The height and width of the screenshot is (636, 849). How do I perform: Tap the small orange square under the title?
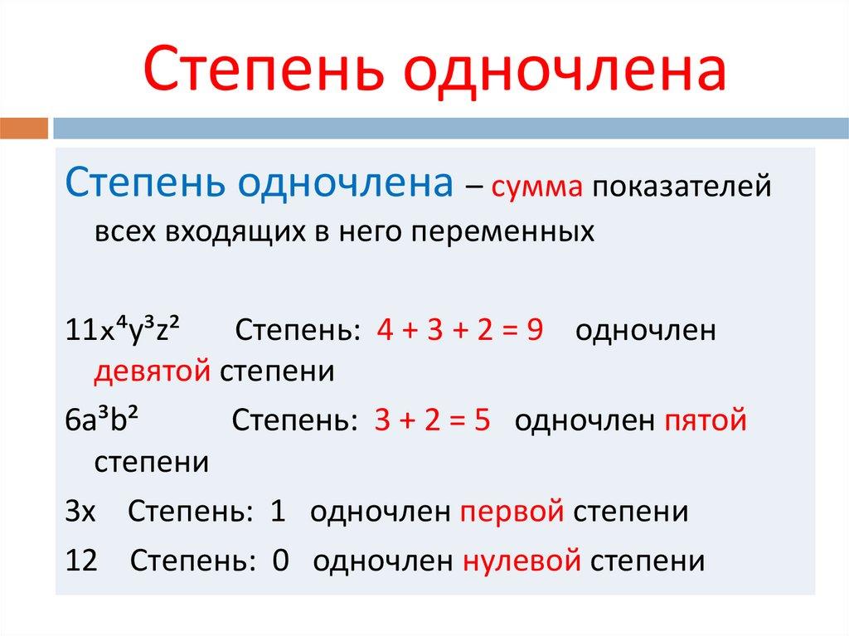(x=24, y=129)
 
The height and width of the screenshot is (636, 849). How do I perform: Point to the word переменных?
(x=511, y=230)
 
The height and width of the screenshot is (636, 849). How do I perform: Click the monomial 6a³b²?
(x=100, y=421)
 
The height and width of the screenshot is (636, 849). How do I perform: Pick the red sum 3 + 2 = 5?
(x=433, y=421)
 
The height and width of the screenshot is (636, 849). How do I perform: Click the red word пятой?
(x=706, y=421)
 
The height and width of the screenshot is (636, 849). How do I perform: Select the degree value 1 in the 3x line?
(x=278, y=511)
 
